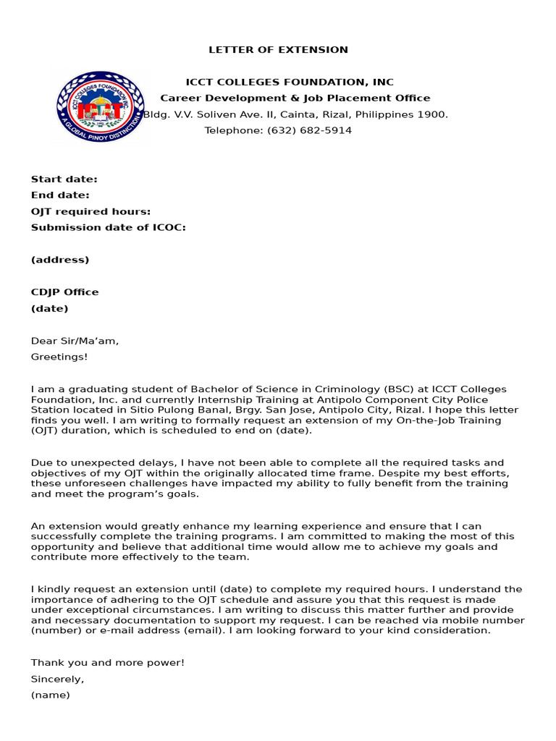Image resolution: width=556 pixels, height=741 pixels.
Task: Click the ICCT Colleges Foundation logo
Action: pos(100,106)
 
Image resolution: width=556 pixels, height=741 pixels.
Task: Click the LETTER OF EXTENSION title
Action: pos(278,50)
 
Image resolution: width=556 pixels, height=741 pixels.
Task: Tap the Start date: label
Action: pos(64,179)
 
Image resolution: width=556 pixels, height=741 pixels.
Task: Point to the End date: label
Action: pos(60,195)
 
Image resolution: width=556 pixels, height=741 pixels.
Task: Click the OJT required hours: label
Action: pos(90,211)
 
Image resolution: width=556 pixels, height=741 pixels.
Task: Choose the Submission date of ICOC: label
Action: pos(108,227)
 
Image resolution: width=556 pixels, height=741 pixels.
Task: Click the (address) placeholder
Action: pos(60,260)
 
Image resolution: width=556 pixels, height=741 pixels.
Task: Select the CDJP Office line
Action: pos(64,292)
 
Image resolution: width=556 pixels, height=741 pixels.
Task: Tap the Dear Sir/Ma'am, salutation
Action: pos(75,341)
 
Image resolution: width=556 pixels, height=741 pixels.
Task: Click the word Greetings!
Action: pos(59,357)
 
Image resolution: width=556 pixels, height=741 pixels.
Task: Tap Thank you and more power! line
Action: pos(107,663)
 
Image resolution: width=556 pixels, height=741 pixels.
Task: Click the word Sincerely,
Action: pos(57,679)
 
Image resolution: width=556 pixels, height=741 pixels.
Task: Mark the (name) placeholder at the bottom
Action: pos(50,695)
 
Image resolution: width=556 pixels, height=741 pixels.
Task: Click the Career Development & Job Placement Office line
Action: pos(295,98)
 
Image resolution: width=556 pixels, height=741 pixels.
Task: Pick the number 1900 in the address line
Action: pos(434,114)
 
